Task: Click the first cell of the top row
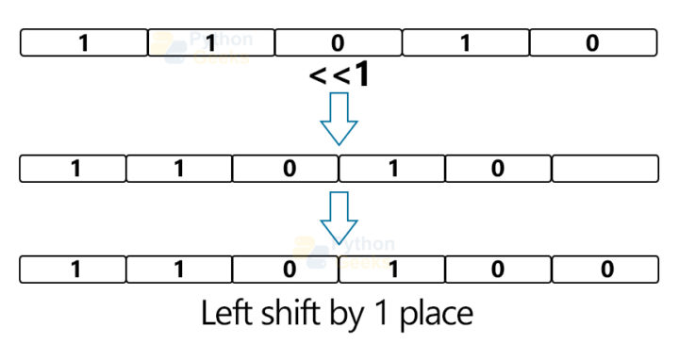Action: click(x=84, y=42)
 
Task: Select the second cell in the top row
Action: click(x=211, y=42)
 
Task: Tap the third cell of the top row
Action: click(x=339, y=42)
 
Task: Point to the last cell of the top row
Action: click(x=592, y=42)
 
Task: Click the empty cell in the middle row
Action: click(x=604, y=169)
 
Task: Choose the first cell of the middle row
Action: click(x=73, y=169)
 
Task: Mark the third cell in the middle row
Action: click(x=286, y=169)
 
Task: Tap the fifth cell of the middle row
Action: click(x=498, y=169)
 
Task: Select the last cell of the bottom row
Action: click(x=604, y=269)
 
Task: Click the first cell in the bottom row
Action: click(x=73, y=269)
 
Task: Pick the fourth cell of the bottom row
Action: click(x=392, y=269)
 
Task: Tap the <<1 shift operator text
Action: click(x=339, y=75)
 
